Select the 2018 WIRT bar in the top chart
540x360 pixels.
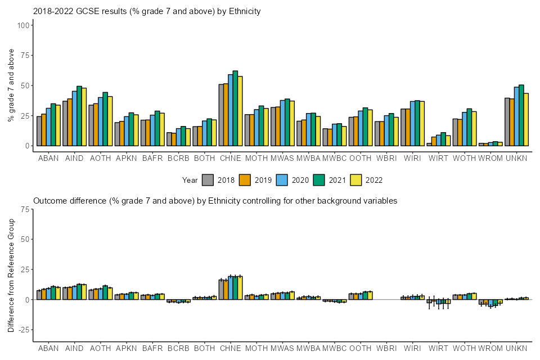click(x=429, y=145)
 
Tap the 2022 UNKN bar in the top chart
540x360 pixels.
click(x=526, y=119)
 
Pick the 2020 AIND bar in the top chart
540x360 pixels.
click(x=74, y=118)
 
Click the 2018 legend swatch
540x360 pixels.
click(x=208, y=180)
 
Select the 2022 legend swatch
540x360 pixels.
click(x=355, y=180)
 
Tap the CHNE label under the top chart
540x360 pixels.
click(x=231, y=159)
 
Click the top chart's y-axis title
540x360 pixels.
click(x=11, y=85)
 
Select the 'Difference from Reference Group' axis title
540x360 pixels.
click(x=11, y=276)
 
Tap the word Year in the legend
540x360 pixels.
click(x=190, y=180)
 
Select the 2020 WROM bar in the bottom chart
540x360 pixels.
click(x=490, y=303)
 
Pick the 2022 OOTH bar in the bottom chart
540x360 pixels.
click(x=370, y=295)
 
